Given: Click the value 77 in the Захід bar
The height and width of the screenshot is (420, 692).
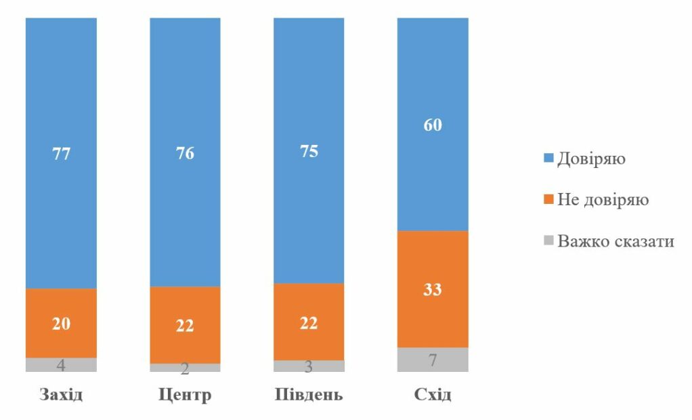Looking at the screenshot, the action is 61,154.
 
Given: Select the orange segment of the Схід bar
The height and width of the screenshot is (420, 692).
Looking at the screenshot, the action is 433,289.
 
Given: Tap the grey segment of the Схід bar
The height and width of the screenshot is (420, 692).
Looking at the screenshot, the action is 433,360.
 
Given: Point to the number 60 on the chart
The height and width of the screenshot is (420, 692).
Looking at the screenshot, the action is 433,125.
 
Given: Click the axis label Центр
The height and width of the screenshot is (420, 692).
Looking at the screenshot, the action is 185,394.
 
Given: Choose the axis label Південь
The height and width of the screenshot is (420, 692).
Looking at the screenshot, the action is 309,394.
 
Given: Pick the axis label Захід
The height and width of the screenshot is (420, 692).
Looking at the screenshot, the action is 61,394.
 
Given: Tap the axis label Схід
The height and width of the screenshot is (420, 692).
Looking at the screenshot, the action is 433,394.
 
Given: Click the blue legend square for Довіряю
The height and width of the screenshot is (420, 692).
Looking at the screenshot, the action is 548,158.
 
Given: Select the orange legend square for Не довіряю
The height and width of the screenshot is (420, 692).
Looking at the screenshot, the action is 548,199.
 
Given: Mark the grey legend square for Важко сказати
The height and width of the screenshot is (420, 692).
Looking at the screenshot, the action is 548,240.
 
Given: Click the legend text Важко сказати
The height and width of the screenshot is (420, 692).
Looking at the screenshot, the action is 615,241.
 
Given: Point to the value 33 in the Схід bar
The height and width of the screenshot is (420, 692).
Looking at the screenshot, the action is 433,289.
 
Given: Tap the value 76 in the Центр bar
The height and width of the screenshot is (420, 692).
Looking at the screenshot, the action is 185,153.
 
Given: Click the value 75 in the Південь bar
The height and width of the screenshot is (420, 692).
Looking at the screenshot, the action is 309,151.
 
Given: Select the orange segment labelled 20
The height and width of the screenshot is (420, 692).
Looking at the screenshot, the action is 61,323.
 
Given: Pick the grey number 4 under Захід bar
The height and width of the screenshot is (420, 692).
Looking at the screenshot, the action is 61,365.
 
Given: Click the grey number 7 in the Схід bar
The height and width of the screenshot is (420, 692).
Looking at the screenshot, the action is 433,360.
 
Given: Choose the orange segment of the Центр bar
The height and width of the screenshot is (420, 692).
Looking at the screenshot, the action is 185,325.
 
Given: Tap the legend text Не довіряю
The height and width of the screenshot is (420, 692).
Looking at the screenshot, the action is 603,200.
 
